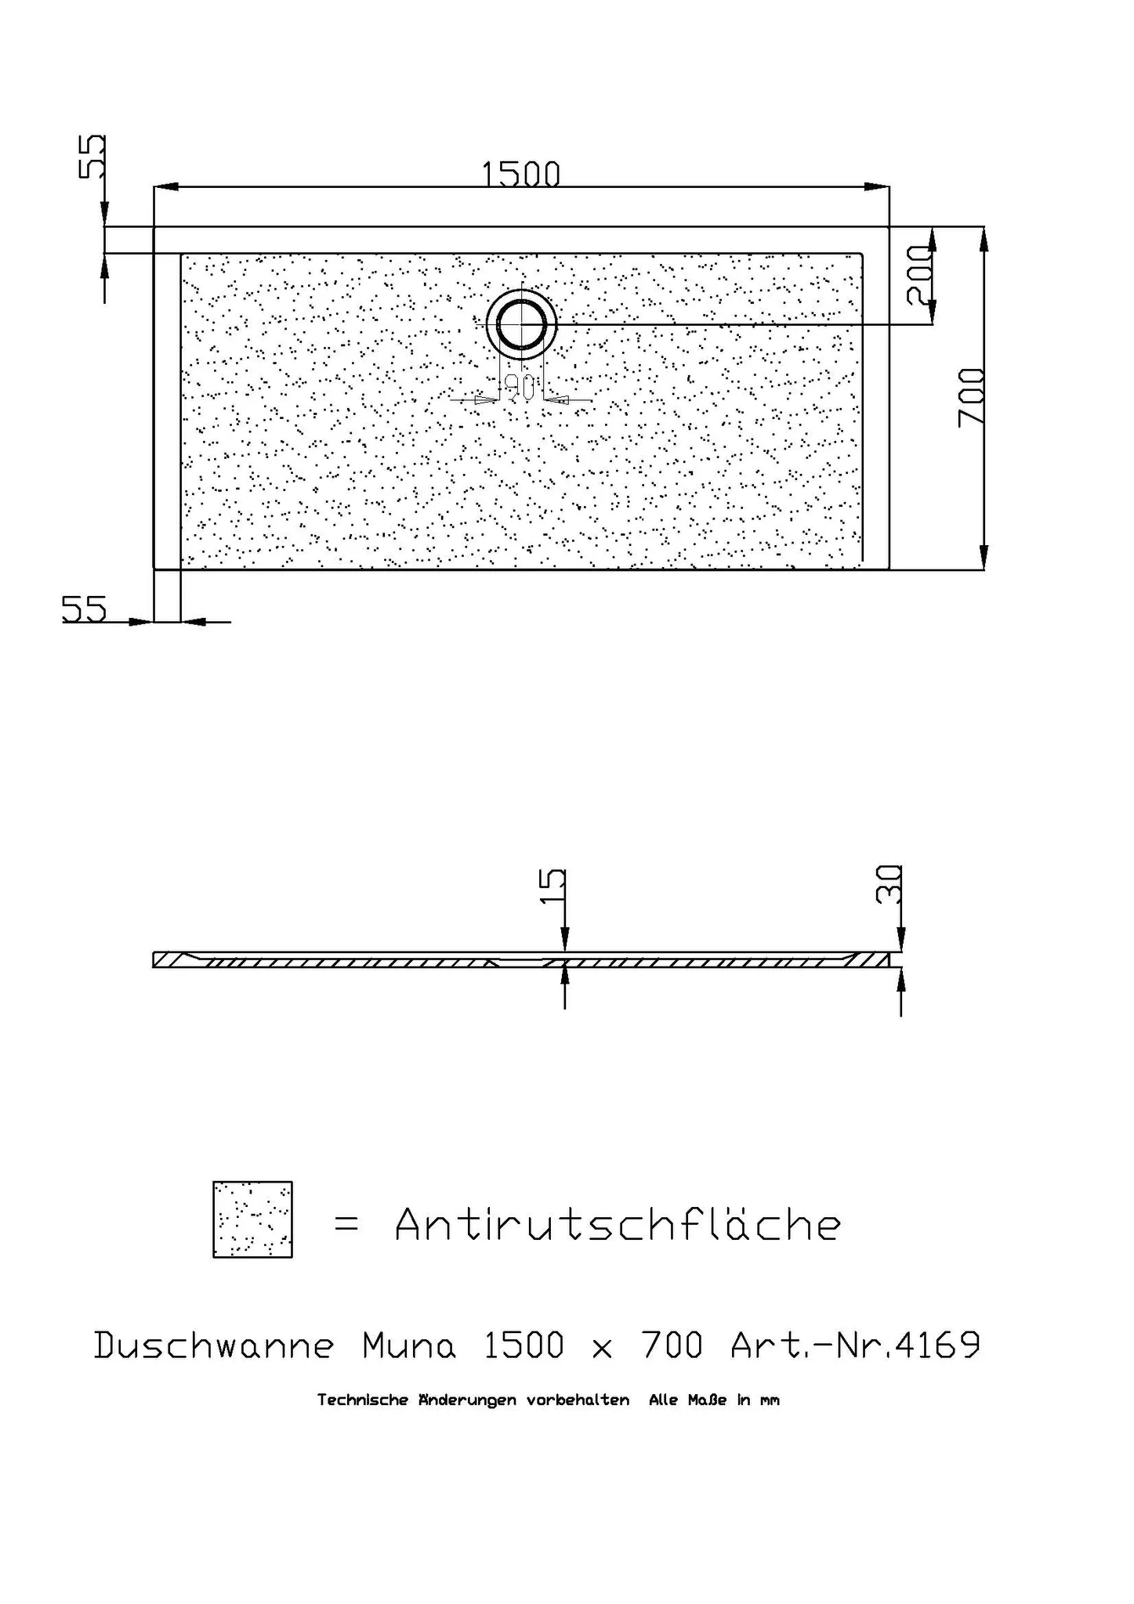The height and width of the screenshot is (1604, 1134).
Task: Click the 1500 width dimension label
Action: (x=521, y=174)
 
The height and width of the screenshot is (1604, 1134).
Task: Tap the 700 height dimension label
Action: (x=972, y=397)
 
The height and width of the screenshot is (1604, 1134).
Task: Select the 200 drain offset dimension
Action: (x=919, y=275)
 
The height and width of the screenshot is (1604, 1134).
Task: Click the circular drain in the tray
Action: (x=521, y=324)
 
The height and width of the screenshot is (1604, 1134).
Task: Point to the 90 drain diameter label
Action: (x=520, y=386)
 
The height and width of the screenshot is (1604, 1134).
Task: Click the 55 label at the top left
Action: (x=92, y=157)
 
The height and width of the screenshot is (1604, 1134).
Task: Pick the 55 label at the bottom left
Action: (x=84, y=609)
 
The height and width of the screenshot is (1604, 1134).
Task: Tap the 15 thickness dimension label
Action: (x=553, y=886)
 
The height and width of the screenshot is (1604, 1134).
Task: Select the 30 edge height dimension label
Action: (x=889, y=884)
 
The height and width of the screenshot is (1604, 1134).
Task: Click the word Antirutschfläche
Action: (x=618, y=1224)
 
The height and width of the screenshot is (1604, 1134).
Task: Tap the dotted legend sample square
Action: (x=252, y=1219)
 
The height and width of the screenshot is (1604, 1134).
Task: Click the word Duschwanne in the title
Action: (x=214, y=1346)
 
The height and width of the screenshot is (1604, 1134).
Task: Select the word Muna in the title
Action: (x=408, y=1346)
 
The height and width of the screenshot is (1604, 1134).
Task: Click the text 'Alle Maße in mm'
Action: (x=713, y=1400)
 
